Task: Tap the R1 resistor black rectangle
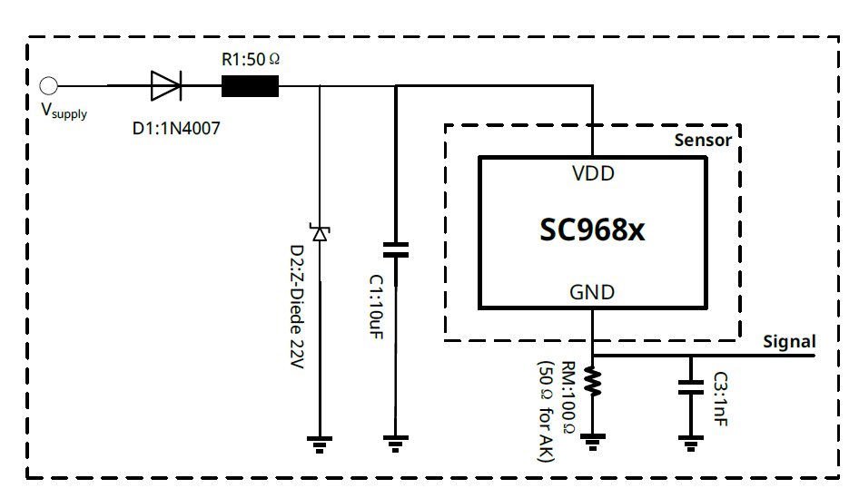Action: click(x=251, y=86)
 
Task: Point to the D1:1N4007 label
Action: click(x=176, y=129)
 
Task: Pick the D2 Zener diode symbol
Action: click(x=319, y=233)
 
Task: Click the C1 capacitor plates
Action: click(x=396, y=249)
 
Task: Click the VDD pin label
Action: click(x=593, y=173)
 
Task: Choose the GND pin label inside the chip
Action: click(x=592, y=292)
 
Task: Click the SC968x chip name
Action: click(x=592, y=230)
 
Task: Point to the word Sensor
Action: click(x=703, y=141)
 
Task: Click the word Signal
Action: click(x=789, y=342)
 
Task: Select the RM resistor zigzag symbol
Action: click(x=592, y=381)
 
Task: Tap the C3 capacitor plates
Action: click(x=691, y=387)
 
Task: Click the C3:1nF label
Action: click(x=719, y=399)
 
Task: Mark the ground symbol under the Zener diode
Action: click(x=319, y=444)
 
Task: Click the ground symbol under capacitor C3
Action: click(x=691, y=444)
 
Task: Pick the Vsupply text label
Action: click(x=64, y=112)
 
